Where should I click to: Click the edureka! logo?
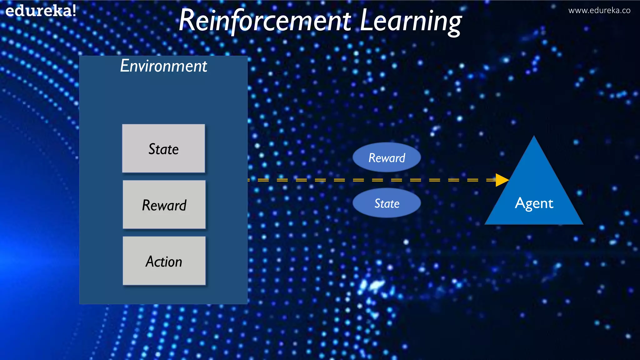coord(41,11)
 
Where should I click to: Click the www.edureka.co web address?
coord(599,11)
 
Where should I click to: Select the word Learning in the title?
coord(411,21)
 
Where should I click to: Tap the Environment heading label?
coord(163,66)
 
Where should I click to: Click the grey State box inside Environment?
coord(163,148)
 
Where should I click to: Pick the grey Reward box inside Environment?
coord(164,205)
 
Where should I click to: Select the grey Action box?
coord(164,261)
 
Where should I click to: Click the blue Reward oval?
coord(387,157)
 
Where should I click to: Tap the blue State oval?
coord(387,203)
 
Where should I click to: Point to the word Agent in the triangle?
coord(534,203)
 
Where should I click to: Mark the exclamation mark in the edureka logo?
coord(74,11)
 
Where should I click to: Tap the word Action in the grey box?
coord(164,262)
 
